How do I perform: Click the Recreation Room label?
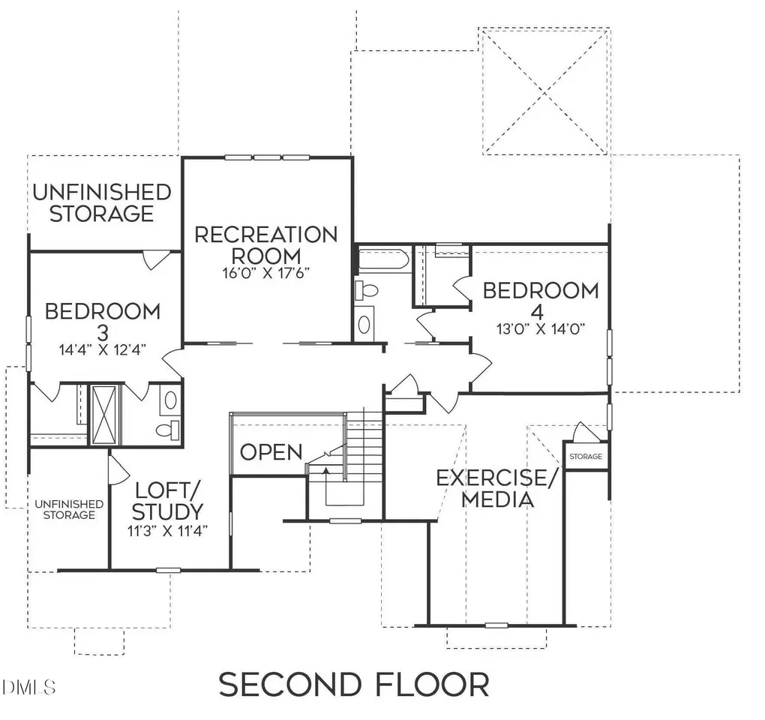coord(266,245)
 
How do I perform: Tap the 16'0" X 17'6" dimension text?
coord(266,273)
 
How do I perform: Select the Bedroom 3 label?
coord(103,322)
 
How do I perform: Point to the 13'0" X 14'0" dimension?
coord(541,329)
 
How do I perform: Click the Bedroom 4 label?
coord(541,301)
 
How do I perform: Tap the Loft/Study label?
coord(167,502)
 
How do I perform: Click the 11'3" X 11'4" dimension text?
coord(168,531)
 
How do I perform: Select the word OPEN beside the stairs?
coord(271,452)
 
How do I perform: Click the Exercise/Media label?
coord(496,489)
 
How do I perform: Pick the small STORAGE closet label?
coord(586,457)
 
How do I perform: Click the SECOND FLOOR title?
coord(354,685)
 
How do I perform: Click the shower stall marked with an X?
coord(104,415)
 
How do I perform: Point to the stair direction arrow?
coord(326,469)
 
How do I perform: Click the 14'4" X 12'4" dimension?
coord(103,349)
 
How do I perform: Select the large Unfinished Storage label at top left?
coord(102,203)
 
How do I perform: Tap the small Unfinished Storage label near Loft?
coord(69,510)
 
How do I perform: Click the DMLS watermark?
coord(28,687)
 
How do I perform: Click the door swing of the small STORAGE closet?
coord(583,432)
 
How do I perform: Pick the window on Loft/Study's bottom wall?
coord(168,570)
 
